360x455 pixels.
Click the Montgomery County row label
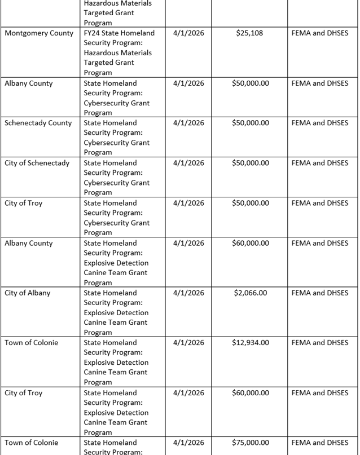coord(39,33)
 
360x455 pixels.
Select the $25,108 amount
coord(249,33)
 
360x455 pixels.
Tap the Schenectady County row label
coord(38,123)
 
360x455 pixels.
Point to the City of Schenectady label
coord(37,163)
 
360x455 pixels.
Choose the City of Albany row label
coord(28,293)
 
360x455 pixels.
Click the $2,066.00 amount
coord(250,293)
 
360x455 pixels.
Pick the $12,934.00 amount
coord(250,342)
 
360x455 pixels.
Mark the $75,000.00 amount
coord(250,443)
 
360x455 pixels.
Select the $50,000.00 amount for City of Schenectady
coord(250,163)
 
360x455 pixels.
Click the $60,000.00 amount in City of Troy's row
coord(250,392)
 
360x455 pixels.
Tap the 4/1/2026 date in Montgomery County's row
coord(189,33)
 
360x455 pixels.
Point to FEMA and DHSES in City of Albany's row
coord(320,293)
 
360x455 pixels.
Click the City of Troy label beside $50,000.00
coord(24,203)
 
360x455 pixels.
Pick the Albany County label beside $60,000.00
coord(29,243)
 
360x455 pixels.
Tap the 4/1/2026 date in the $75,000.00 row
coord(189,443)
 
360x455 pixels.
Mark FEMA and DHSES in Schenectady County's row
coord(320,123)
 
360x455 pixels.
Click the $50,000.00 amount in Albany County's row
coord(250,83)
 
